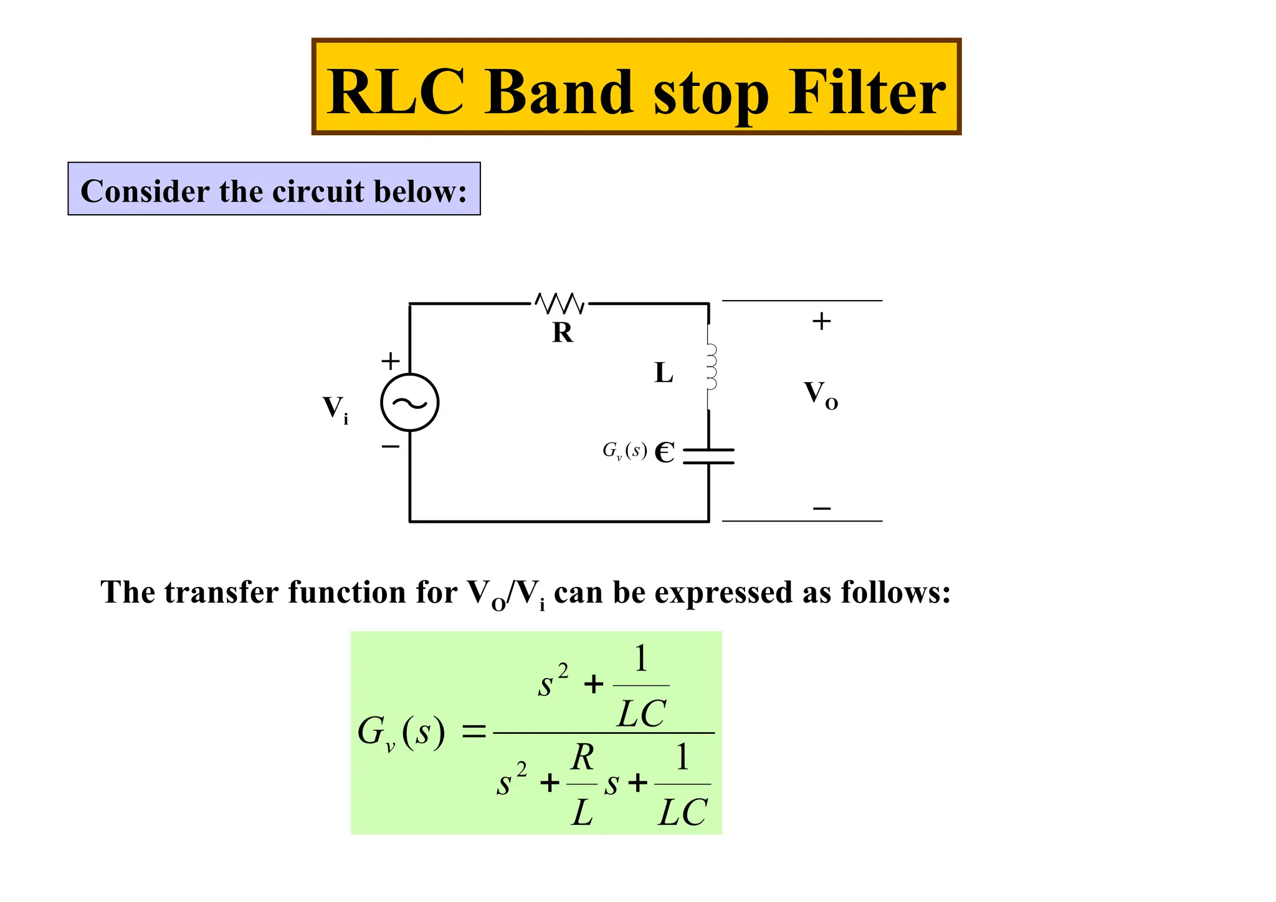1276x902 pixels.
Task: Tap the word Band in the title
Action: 558,92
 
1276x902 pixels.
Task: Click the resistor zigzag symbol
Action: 560,304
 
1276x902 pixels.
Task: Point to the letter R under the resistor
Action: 562,333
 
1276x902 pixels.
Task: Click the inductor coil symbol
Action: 711,367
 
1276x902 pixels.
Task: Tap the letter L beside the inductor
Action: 664,373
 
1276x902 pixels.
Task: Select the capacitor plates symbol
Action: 708,456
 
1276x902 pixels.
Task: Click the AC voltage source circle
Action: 410,402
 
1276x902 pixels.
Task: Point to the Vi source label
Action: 335,410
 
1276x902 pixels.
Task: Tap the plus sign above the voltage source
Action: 391,361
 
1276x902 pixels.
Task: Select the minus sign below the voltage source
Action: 391,446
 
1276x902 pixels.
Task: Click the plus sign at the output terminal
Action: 821,321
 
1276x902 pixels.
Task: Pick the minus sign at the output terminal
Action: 822,509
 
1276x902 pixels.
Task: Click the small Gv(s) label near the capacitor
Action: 624,450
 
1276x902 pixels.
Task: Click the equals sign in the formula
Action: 474,733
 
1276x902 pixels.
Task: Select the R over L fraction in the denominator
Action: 582,784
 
